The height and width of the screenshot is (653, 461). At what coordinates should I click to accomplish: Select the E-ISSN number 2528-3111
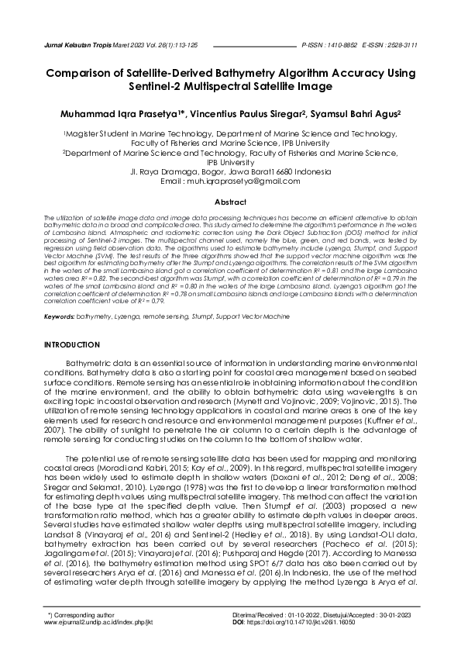click(400, 45)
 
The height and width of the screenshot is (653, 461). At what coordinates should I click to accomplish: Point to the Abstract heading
click(230, 202)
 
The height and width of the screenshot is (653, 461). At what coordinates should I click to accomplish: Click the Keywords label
click(60, 317)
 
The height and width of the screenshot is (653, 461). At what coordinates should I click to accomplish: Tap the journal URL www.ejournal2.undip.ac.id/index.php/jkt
click(98, 621)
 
